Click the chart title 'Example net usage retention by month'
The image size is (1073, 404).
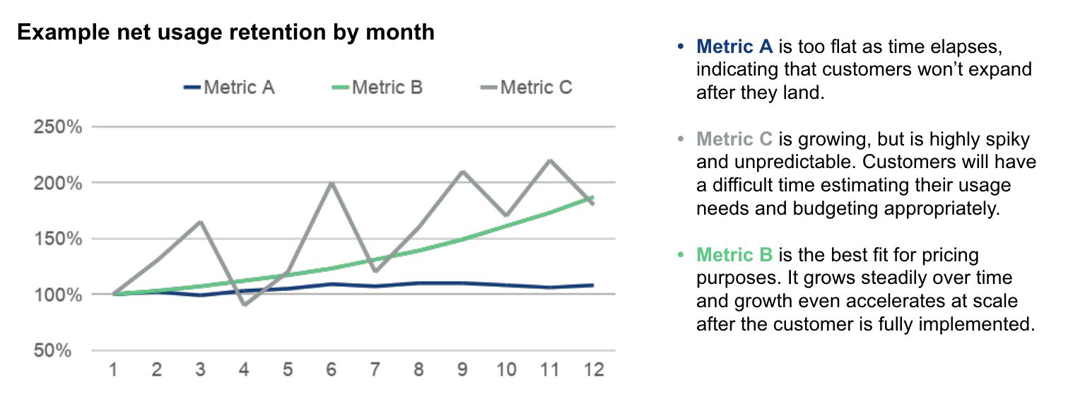click(225, 32)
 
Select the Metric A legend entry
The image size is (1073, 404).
click(229, 88)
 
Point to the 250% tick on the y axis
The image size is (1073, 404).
click(57, 128)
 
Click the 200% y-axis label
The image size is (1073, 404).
click(57, 183)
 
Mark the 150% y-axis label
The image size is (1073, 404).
click(57, 239)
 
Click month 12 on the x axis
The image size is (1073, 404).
click(594, 369)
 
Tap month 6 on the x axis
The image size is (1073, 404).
click(332, 369)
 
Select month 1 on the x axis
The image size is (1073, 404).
click(112, 369)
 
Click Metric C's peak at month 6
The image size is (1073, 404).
click(332, 183)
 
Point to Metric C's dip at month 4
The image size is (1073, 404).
click(244, 304)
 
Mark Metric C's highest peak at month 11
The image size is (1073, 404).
click(550, 160)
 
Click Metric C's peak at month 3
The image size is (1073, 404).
click(200, 222)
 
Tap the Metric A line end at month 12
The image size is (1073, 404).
click(592, 285)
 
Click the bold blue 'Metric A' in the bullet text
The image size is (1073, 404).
click(734, 47)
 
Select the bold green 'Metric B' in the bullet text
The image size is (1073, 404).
click(734, 254)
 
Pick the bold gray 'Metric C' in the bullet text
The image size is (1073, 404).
click(734, 139)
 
